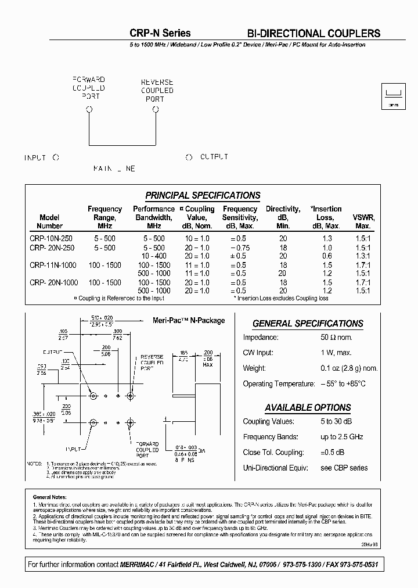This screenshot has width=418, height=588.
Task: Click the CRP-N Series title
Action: (x=160, y=33)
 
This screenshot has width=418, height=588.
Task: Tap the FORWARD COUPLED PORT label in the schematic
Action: (x=88, y=88)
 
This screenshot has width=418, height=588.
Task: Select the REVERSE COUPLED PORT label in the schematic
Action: (x=157, y=91)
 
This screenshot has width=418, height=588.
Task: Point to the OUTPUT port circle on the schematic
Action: (x=189, y=157)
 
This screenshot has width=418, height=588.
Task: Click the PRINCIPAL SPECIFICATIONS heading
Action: (x=203, y=195)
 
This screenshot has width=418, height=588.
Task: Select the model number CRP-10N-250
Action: (x=52, y=239)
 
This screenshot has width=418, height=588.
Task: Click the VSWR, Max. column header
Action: (x=363, y=221)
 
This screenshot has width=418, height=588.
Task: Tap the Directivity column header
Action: (x=283, y=217)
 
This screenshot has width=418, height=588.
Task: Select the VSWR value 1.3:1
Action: (x=363, y=256)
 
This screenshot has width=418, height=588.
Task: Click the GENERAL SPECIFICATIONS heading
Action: (x=308, y=324)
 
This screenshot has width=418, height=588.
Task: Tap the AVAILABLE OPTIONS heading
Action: (x=308, y=407)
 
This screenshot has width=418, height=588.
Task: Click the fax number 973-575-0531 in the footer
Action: (x=358, y=564)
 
